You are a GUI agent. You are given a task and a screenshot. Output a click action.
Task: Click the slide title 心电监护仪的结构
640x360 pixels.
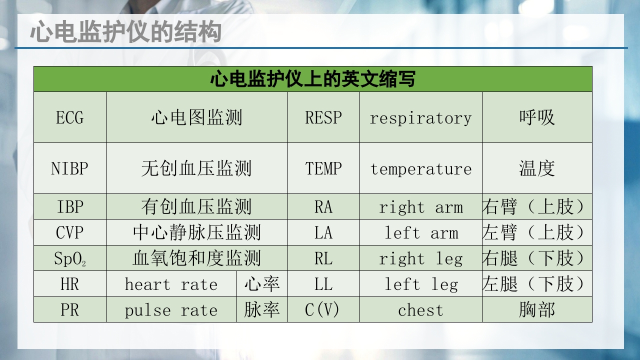pyautogui.click(x=125, y=33)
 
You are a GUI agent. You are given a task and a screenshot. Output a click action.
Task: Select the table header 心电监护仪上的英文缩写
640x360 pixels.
pyautogui.click(x=312, y=79)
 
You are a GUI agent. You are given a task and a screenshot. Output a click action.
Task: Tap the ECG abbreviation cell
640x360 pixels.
pyautogui.click(x=70, y=118)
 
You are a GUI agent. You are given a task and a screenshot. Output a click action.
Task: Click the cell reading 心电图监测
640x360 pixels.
pyautogui.click(x=196, y=118)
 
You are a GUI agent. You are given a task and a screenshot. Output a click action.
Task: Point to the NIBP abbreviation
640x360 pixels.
pyautogui.click(x=70, y=168)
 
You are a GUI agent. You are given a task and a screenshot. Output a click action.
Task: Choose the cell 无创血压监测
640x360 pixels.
pyautogui.click(x=196, y=168)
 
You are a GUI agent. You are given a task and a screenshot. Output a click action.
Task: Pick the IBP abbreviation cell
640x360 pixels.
pyautogui.click(x=70, y=207)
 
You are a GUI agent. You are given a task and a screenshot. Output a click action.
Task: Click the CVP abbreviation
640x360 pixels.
pyautogui.click(x=70, y=233)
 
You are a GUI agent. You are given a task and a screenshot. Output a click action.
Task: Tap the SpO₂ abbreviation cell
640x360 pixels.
pyautogui.click(x=70, y=259)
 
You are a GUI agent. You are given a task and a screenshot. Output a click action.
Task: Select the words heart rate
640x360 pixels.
pyautogui.click(x=171, y=284)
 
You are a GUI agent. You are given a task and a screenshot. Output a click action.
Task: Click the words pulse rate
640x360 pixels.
pyautogui.click(x=171, y=310)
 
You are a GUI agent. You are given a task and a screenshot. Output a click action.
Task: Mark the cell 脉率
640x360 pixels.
pyautogui.click(x=262, y=310)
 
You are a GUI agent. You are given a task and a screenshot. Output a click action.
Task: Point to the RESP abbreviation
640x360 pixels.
pyautogui.click(x=323, y=118)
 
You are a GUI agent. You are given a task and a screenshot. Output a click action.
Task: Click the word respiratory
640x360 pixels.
pyautogui.click(x=420, y=118)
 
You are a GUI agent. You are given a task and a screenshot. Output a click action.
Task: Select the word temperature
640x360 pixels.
pyautogui.click(x=420, y=169)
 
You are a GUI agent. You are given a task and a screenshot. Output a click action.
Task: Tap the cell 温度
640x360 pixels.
pyautogui.click(x=537, y=168)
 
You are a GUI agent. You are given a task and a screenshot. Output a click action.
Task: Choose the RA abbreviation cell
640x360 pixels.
pyautogui.click(x=323, y=207)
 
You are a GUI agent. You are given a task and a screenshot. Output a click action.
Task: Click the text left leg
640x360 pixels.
pyautogui.click(x=420, y=284)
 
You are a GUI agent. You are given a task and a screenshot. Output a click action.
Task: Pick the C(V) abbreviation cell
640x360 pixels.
pyautogui.click(x=322, y=310)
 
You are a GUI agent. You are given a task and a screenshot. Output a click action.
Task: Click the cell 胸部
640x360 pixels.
pyautogui.click(x=537, y=310)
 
